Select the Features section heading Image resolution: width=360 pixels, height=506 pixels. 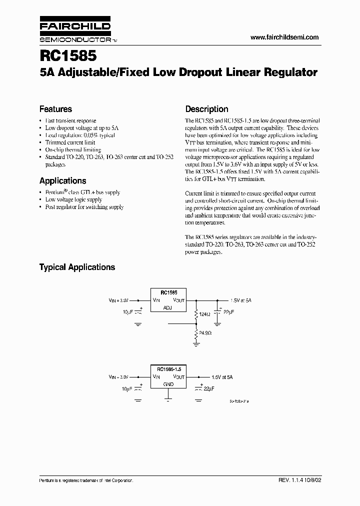tap(55, 109)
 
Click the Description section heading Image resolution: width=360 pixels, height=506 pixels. tap(206, 109)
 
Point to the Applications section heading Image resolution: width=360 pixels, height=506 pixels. tap(62, 181)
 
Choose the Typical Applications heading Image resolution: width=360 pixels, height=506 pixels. tap(77, 267)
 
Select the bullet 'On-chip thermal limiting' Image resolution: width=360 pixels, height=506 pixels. tap(73, 149)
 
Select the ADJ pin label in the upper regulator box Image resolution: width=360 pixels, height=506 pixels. tap(167, 308)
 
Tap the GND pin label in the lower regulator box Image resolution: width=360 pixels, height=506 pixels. tap(168, 384)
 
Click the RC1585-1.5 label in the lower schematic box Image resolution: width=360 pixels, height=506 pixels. tap(168, 368)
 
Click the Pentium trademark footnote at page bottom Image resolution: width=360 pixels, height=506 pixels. tap(86, 480)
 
